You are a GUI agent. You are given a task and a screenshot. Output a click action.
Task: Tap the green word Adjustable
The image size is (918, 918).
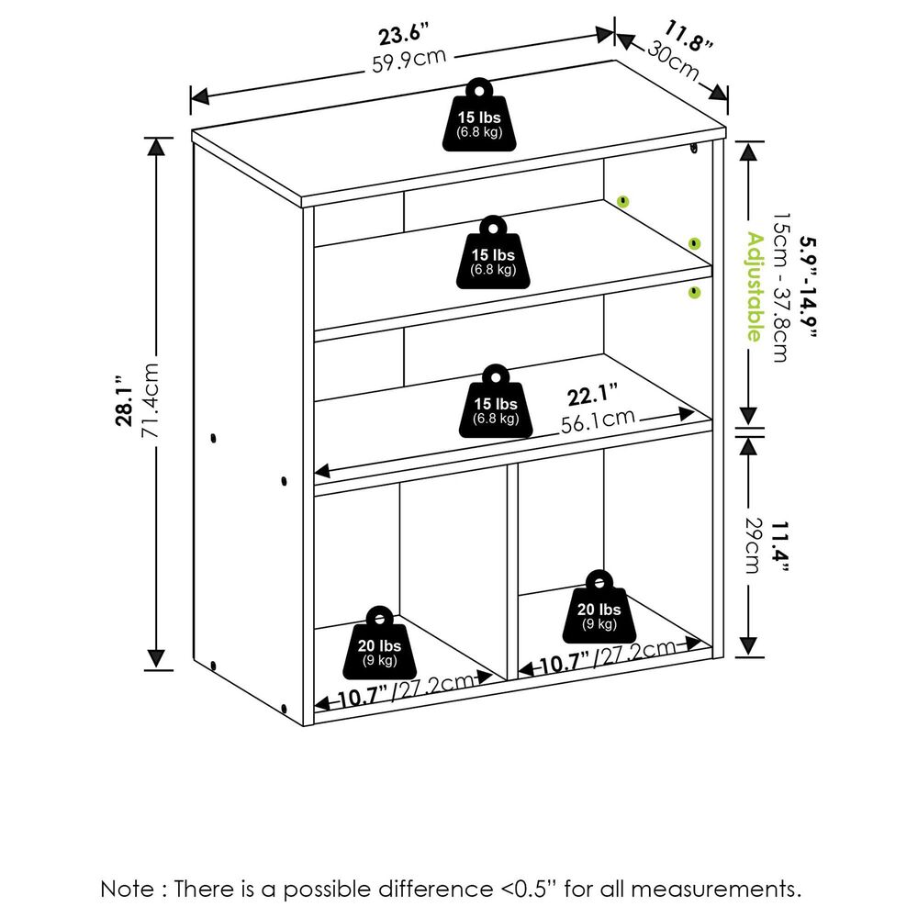754,286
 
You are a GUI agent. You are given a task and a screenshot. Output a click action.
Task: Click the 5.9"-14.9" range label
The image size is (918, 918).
806,286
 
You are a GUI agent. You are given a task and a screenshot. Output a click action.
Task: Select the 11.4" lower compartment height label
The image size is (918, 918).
779,547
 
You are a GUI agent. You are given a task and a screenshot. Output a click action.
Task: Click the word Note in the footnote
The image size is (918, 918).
127,888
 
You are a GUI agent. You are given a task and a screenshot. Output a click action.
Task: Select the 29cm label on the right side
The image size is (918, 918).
753,547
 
